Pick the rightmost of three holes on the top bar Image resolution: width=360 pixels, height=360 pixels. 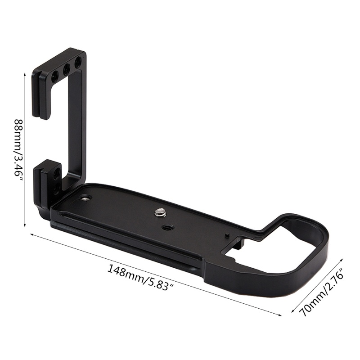[78, 61]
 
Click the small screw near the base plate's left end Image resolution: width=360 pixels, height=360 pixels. [86, 198]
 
